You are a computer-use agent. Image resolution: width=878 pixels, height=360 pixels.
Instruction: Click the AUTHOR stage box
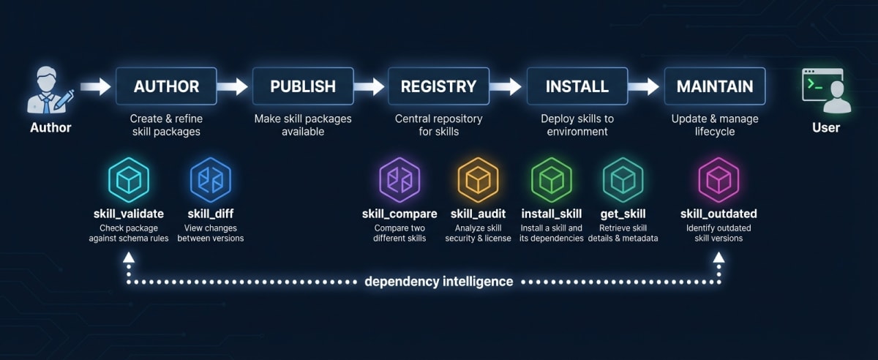pyautogui.click(x=166, y=86)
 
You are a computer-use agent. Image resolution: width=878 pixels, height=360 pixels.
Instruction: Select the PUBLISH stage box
pyautogui.click(x=303, y=86)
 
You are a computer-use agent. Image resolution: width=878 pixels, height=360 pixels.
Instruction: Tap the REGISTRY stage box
pyautogui.click(x=438, y=86)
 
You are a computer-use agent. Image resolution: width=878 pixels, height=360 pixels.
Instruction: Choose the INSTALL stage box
pyautogui.click(x=577, y=86)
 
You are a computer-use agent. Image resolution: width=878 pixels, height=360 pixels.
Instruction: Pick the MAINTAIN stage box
pyautogui.click(x=714, y=86)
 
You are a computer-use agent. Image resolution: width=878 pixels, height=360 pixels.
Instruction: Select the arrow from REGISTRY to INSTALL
pyautogui.click(x=507, y=87)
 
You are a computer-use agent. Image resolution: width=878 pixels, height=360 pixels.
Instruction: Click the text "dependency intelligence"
pyautogui.click(x=438, y=281)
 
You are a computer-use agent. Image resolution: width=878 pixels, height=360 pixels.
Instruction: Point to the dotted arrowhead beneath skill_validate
pyautogui.click(x=129, y=258)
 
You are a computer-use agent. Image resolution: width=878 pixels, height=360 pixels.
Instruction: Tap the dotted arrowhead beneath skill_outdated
pyautogui.click(x=718, y=258)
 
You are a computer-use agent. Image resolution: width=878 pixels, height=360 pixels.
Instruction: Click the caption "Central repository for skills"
pyautogui.click(x=438, y=125)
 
